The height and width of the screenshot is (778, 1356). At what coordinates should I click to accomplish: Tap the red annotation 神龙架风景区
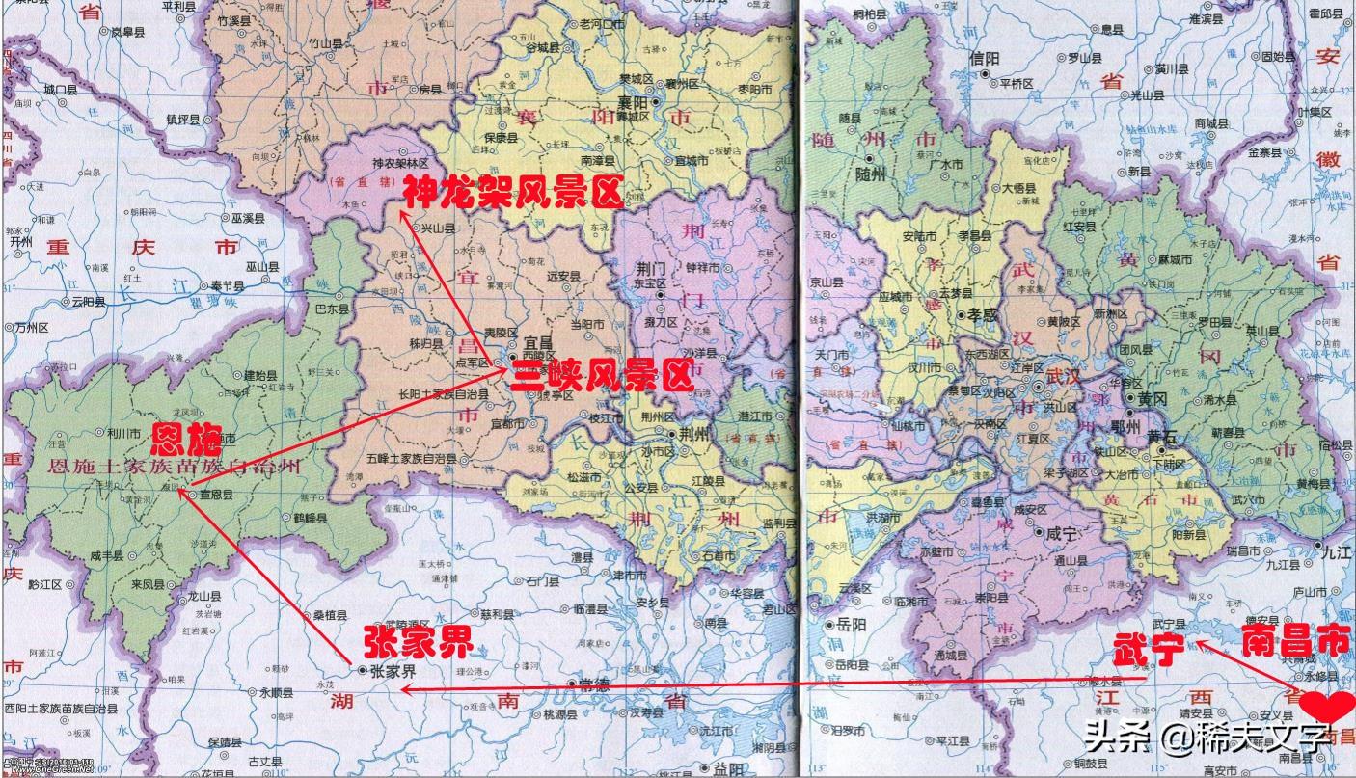[x=514, y=193]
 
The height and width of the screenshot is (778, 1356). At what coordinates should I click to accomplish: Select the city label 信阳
[x=984, y=60]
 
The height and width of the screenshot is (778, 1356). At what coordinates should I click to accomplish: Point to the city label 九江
[x=1336, y=552]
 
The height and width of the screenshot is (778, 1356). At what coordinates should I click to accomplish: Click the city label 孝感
[x=982, y=314]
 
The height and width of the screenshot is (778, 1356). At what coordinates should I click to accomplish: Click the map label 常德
[x=595, y=683]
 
